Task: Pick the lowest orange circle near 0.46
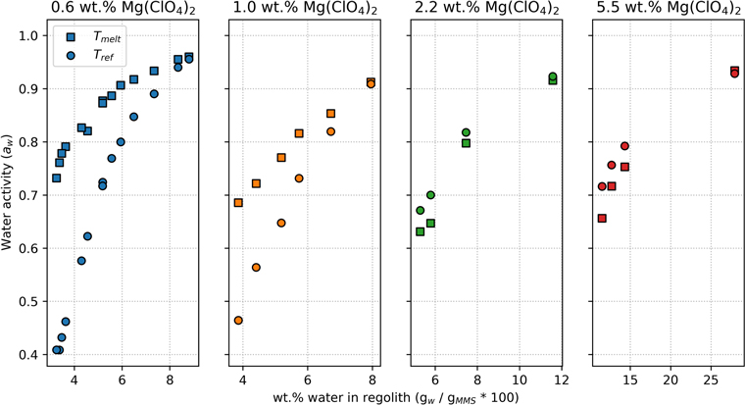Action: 238,321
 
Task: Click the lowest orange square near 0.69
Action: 238,203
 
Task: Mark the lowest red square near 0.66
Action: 602,219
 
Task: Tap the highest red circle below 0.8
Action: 624,146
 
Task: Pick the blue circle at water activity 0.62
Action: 87,236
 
